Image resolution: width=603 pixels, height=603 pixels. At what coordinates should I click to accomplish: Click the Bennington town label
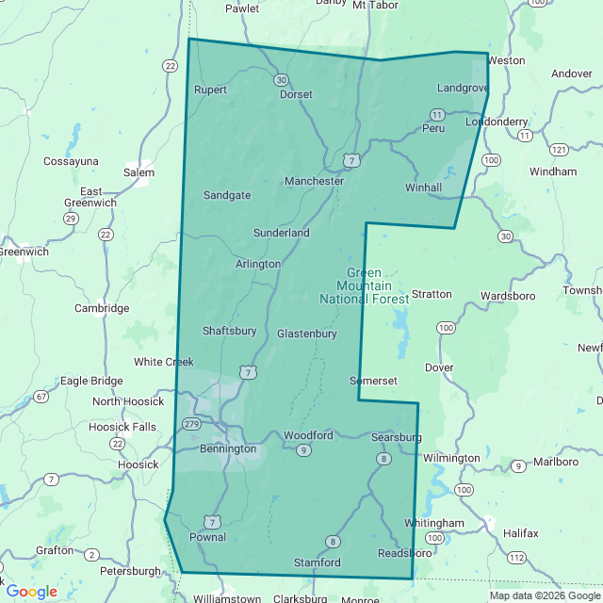tap(228, 449)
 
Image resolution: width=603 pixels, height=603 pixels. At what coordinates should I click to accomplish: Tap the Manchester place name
tap(314, 181)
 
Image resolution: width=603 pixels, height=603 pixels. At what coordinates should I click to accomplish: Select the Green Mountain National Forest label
tap(364, 286)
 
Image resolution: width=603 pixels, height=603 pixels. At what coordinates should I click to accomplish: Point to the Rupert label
tap(211, 90)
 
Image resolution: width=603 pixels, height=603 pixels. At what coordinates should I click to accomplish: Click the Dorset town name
tap(296, 94)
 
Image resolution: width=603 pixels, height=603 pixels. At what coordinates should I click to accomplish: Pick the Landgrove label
tap(463, 88)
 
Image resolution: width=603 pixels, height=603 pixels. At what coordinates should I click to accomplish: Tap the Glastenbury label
tap(307, 334)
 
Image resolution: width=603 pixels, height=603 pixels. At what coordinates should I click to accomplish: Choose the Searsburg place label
tap(396, 438)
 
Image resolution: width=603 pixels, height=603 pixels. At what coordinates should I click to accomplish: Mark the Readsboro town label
tap(404, 553)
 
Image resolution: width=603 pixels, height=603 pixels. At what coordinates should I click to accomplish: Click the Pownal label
tap(207, 537)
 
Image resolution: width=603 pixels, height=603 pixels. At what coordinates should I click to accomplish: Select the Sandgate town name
tap(227, 196)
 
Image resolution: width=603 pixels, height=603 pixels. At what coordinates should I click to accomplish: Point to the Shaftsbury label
tap(229, 331)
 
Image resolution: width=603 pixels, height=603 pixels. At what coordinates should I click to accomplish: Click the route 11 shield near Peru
tap(437, 113)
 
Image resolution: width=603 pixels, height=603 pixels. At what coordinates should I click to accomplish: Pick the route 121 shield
tap(559, 150)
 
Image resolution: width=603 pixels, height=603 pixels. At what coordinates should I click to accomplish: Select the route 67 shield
tap(41, 397)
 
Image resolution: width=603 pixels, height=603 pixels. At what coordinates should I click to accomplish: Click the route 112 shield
tap(515, 558)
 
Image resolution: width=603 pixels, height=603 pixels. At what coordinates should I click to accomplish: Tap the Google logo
tap(31, 592)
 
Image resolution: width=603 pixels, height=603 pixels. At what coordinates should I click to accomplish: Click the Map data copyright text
tap(544, 595)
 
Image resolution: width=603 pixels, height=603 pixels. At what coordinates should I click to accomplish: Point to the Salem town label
tap(139, 172)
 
